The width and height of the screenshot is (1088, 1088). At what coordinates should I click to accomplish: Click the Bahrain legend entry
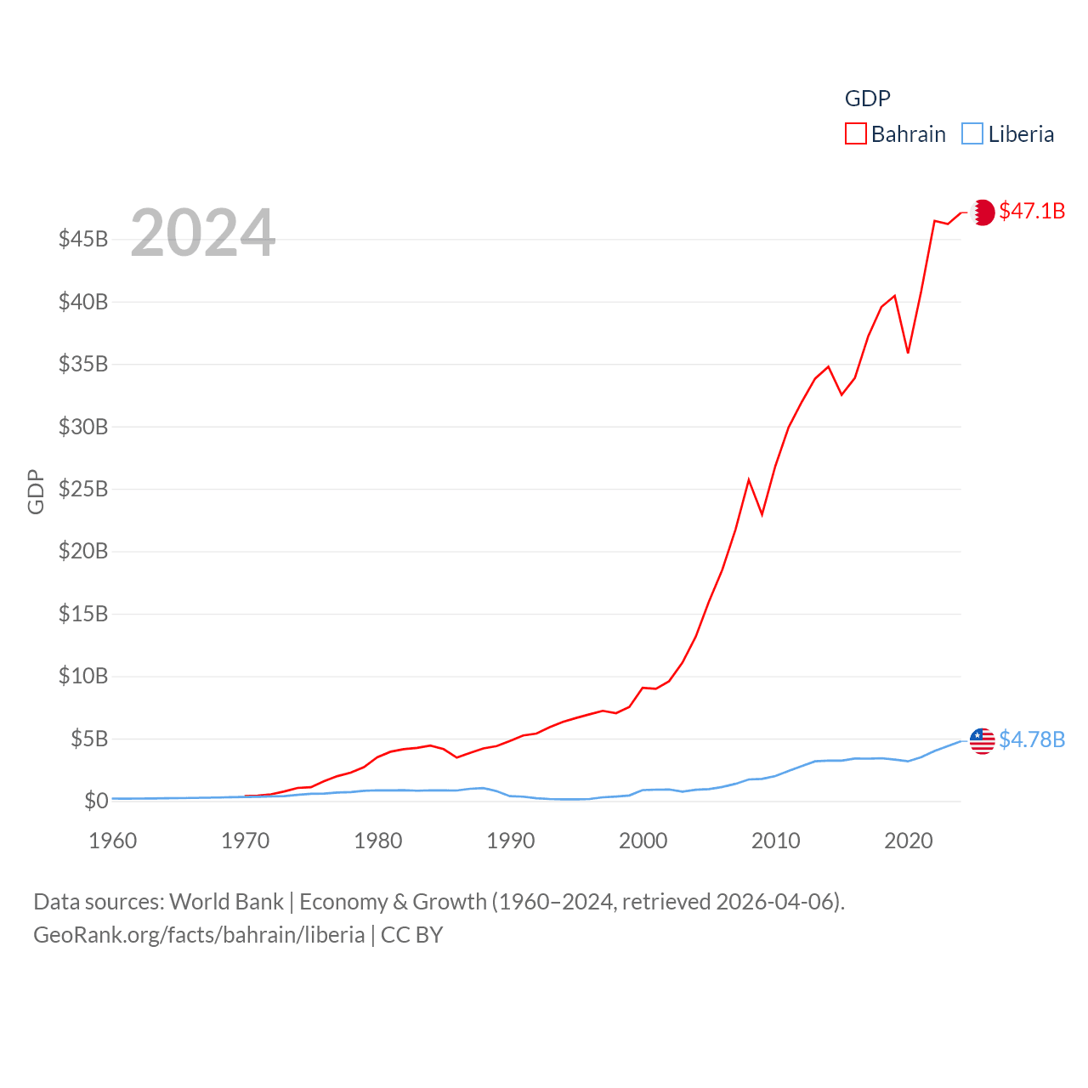[896, 134]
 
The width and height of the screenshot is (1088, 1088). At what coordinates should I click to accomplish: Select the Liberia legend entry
[1009, 134]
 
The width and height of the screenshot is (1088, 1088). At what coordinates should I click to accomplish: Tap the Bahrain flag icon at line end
[983, 212]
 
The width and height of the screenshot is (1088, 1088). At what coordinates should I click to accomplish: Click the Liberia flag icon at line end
[983, 740]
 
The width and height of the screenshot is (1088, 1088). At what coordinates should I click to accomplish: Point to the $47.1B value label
[1032, 211]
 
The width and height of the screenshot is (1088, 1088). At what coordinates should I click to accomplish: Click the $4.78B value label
[1032, 739]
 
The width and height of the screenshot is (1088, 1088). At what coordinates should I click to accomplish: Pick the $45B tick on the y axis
[83, 239]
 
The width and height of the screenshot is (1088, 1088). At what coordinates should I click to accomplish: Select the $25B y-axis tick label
[83, 489]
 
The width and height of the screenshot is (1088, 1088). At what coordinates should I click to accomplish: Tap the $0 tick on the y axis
[96, 801]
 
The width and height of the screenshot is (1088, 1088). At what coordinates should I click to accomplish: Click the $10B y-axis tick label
[83, 676]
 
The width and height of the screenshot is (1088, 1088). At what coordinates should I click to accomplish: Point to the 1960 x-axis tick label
[113, 841]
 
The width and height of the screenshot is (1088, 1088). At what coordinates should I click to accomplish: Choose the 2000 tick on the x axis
[643, 841]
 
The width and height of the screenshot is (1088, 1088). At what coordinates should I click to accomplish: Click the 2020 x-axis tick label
[909, 841]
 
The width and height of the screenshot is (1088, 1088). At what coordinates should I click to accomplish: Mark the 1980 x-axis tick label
[378, 841]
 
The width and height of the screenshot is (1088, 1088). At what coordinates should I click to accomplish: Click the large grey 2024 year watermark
[203, 232]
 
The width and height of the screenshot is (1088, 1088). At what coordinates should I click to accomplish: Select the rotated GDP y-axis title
[36, 491]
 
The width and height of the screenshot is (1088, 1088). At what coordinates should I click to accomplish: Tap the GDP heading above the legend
[868, 99]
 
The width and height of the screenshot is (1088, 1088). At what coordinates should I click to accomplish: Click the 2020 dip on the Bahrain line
[908, 352]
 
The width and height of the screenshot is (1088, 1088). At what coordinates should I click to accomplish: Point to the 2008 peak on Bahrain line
[749, 480]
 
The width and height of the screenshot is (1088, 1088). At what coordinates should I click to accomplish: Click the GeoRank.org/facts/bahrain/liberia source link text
[199, 935]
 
